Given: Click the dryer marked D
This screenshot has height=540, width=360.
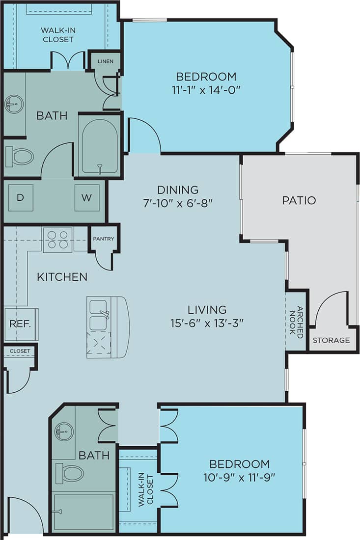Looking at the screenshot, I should click(20, 198).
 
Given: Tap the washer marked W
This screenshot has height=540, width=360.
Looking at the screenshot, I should click(86, 198).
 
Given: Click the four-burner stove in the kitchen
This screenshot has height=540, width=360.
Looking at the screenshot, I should click(57, 240).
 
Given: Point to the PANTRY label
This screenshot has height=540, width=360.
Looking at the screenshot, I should click(104, 239).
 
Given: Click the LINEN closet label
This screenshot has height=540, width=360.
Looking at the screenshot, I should click(106, 61).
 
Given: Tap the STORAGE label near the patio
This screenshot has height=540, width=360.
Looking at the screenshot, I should click(332, 340).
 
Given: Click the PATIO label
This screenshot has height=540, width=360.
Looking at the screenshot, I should click(299, 200).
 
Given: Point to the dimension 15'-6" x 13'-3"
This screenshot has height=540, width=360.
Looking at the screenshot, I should click(207, 323).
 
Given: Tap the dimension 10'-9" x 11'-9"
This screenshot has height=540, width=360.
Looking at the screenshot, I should click(239, 476).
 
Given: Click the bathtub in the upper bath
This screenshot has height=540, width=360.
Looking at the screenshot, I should click(100, 146).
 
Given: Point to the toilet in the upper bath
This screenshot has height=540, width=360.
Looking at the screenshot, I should click(20, 157).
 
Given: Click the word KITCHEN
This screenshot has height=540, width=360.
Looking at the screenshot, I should click(62, 277).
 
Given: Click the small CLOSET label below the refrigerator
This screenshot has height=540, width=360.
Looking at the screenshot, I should click(20, 351).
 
